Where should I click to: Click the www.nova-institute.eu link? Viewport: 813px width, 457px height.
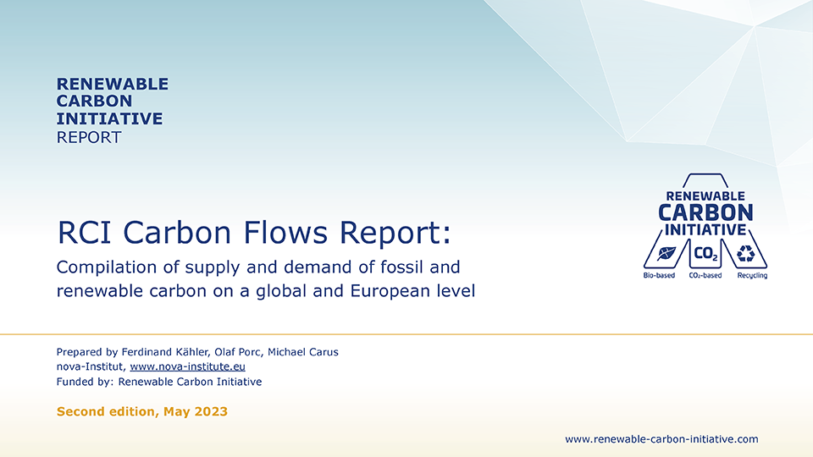tap(187, 366)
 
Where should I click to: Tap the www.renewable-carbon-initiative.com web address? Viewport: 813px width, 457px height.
tap(661, 438)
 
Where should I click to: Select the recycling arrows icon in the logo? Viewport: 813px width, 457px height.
tap(746, 253)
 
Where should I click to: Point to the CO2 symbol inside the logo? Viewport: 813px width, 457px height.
tap(705, 253)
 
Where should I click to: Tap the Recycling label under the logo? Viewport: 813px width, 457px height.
tap(752, 276)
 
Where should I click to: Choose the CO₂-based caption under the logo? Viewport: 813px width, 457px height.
tap(705, 276)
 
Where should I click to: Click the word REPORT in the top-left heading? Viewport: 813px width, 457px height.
tap(89, 137)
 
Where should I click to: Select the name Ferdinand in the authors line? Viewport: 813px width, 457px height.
tap(152, 352)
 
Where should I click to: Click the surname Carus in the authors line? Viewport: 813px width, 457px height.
tap(322, 352)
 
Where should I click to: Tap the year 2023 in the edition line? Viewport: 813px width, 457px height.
tap(211, 412)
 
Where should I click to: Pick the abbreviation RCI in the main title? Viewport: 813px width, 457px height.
tap(81, 230)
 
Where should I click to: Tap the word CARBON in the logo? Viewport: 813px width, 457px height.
tap(705, 212)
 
